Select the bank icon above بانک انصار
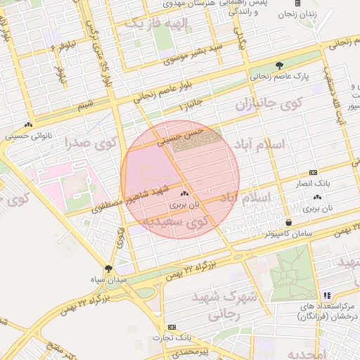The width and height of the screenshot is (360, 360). (x=313, y=172)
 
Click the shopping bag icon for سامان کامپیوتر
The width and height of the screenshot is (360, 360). (x=288, y=222)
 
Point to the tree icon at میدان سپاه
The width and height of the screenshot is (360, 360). (x=108, y=269)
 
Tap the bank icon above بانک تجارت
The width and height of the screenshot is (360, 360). (x=172, y=328)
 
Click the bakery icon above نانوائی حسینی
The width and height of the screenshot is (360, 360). (x=29, y=124)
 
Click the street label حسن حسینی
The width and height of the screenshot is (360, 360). (x=180, y=135)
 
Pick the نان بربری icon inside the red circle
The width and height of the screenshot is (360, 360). (x=185, y=193)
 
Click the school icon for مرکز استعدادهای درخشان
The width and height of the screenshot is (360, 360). (x=326, y=296)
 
